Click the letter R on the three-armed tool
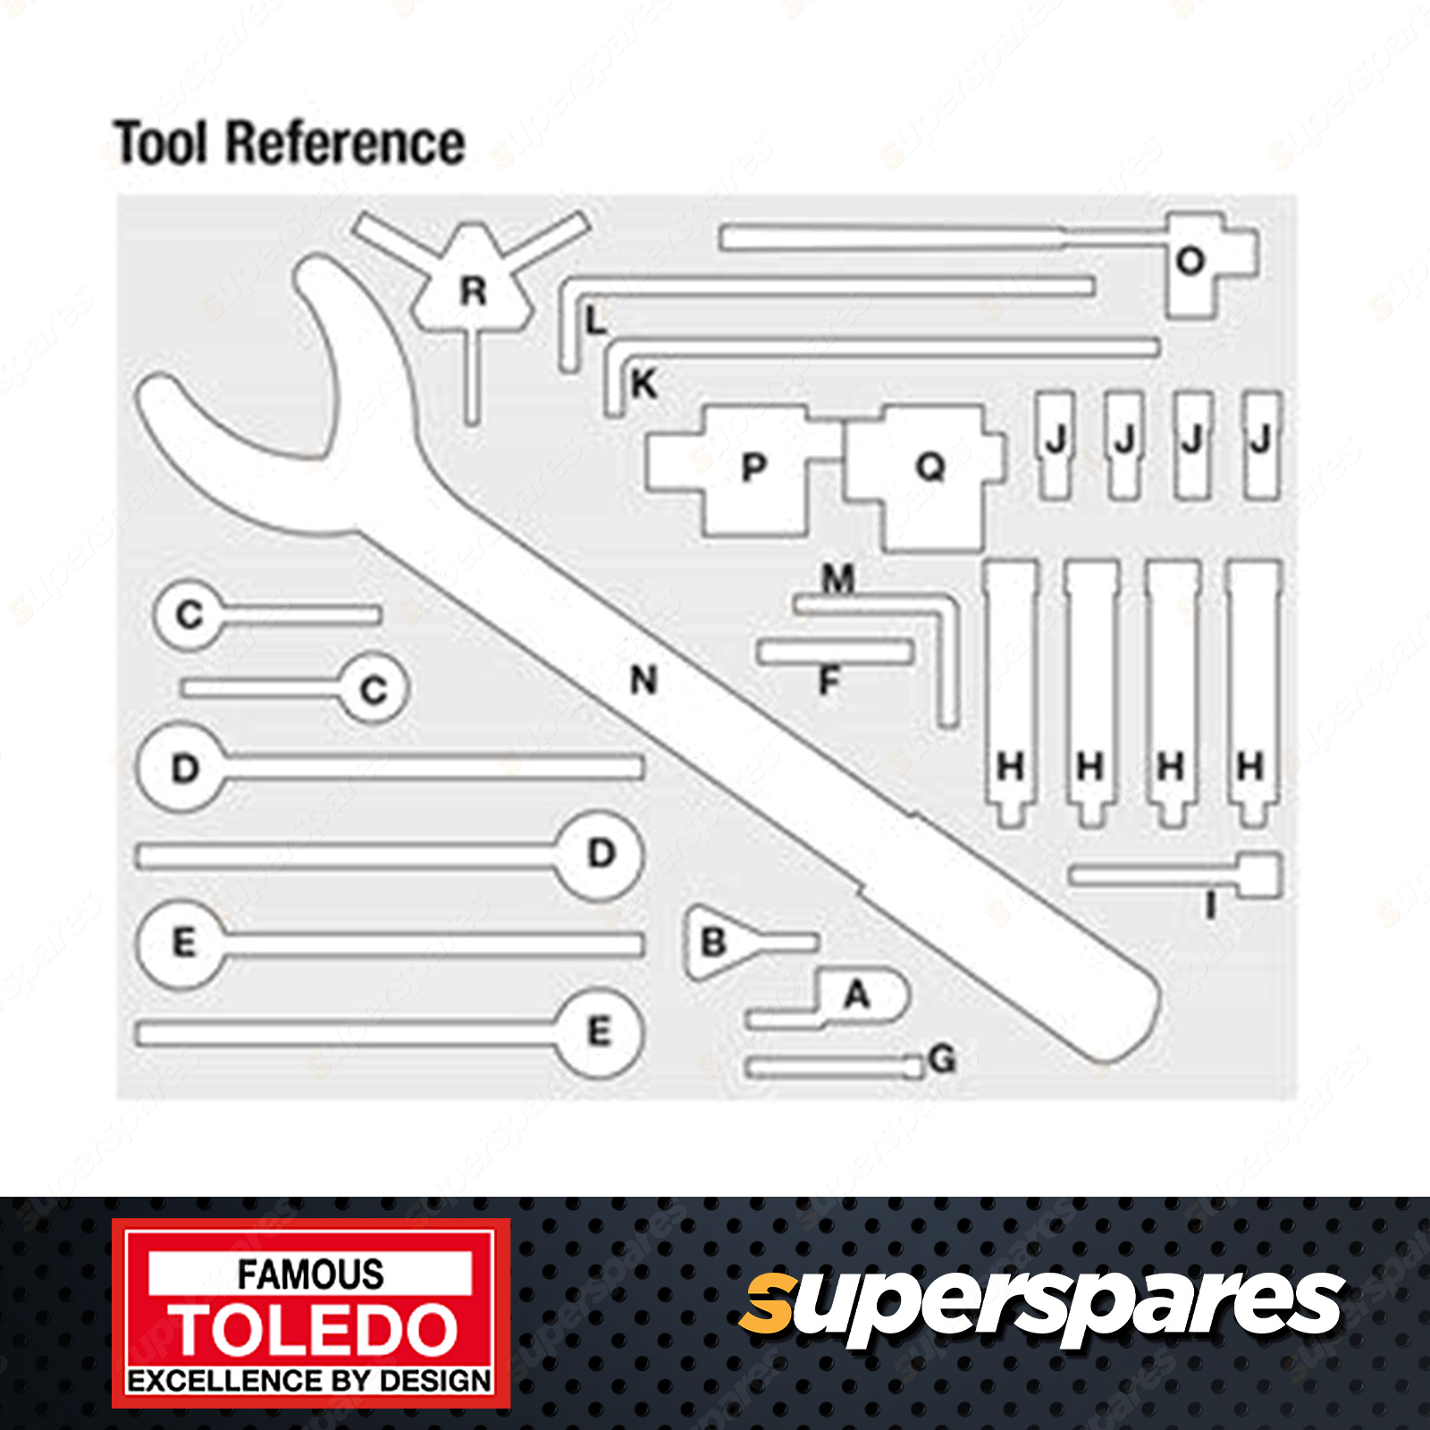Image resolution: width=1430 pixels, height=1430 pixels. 473,291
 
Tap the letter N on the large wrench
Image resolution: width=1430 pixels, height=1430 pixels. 643,680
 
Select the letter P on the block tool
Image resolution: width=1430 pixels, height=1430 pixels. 753,467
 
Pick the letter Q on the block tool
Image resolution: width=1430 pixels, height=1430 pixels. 930,467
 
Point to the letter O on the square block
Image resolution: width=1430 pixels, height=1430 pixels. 1190,261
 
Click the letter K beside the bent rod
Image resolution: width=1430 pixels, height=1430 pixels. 643,384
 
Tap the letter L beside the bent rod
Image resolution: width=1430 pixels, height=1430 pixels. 595,320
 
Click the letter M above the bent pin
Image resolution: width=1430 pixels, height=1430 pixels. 838,579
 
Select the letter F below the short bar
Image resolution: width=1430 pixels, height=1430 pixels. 829,682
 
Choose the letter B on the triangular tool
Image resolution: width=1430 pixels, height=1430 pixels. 713,942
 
